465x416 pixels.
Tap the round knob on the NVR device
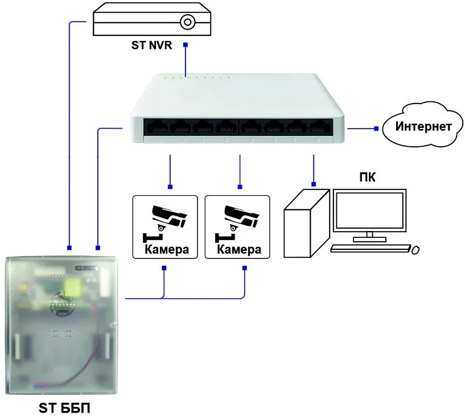(187, 22)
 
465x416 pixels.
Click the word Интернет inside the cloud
(425, 126)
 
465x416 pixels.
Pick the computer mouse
(416, 249)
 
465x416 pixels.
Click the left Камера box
(165, 226)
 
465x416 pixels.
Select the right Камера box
(237, 226)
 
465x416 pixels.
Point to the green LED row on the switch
(196, 77)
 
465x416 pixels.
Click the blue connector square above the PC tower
(314, 184)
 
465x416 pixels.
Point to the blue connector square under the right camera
(245, 267)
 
